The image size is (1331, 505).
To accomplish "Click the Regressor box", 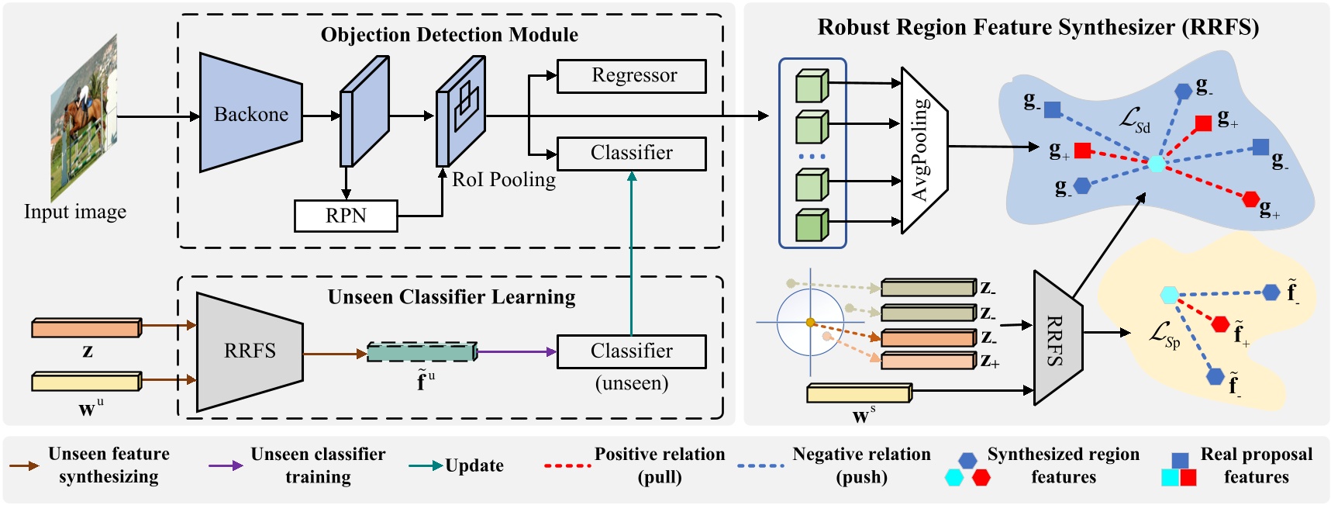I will point(631,76).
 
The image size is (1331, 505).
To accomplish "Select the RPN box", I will point(346,216).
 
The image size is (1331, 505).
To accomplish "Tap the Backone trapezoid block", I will point(250,113).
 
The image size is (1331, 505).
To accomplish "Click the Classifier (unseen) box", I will point(631,351).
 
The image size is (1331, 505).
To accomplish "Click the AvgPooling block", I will point(923,149).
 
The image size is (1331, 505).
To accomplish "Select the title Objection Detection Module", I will point(449,35).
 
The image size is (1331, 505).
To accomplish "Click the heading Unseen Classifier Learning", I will point(451,297).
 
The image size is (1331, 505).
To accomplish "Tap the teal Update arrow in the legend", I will point(426,465).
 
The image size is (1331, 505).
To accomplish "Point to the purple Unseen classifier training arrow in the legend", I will point(226,465).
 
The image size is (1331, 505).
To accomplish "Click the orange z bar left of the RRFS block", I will point(86,327).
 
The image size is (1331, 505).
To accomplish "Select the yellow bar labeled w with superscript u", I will point(86,381).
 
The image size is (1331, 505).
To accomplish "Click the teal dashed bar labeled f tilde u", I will point(421,352).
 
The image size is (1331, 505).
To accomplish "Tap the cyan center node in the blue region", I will point(1156,164).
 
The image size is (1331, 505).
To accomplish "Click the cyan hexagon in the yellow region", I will point(1169,295).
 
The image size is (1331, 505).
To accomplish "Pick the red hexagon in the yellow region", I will point(1220,323).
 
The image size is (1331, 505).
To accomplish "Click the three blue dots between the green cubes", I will point(812,157).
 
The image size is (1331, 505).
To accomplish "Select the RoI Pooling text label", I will point(504,180).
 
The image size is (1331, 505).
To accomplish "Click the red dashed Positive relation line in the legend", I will point(567,465).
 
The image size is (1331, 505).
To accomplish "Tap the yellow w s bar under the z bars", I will point(859,393).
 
